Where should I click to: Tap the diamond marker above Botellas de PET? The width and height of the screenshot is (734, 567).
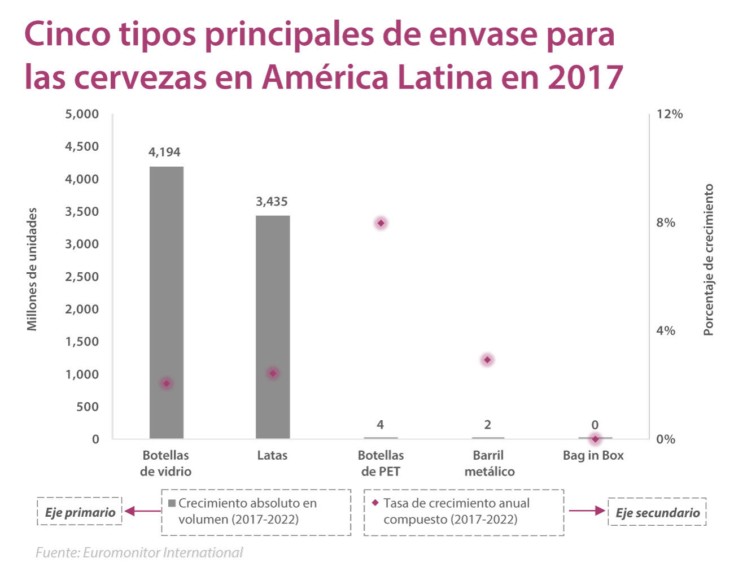(381, 223)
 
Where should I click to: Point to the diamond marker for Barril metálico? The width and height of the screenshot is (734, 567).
(487, 360)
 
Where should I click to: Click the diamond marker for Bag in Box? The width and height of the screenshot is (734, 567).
(595, 439)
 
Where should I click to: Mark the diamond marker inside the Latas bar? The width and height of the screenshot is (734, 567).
(273, 373)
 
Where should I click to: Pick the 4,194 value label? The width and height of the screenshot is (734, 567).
(164, 152)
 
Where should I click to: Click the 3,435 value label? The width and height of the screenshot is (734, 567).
(272, 202)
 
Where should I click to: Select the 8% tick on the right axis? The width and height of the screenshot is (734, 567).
(666, 223)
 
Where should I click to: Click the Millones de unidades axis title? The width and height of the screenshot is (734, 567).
(32, 269)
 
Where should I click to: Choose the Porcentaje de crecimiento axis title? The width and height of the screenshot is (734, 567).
(709, 260)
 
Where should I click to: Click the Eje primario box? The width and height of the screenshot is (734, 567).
(80, 512)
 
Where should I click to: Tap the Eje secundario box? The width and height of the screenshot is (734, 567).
(657, 512)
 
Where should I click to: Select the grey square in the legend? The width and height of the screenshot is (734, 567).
(172, 503)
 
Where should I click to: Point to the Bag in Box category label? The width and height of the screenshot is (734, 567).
(593, 456)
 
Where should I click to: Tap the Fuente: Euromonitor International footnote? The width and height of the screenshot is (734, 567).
(139, 552)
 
